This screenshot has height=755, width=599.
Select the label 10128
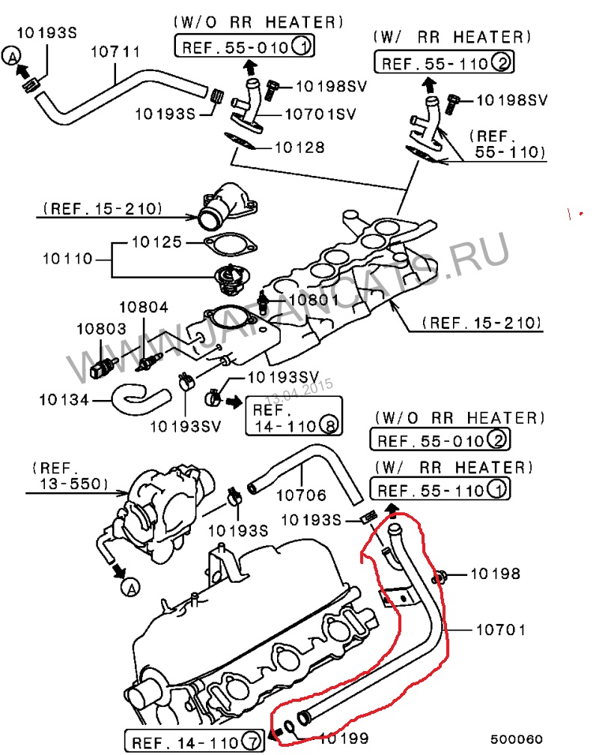(x=299, y=148)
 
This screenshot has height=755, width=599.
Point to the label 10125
(x=156, y=242)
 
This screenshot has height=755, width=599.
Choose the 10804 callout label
(x=144, y=307)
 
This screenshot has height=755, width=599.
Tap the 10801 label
(x=314, y=300)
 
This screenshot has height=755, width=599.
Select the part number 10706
(x=301, y=495)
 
